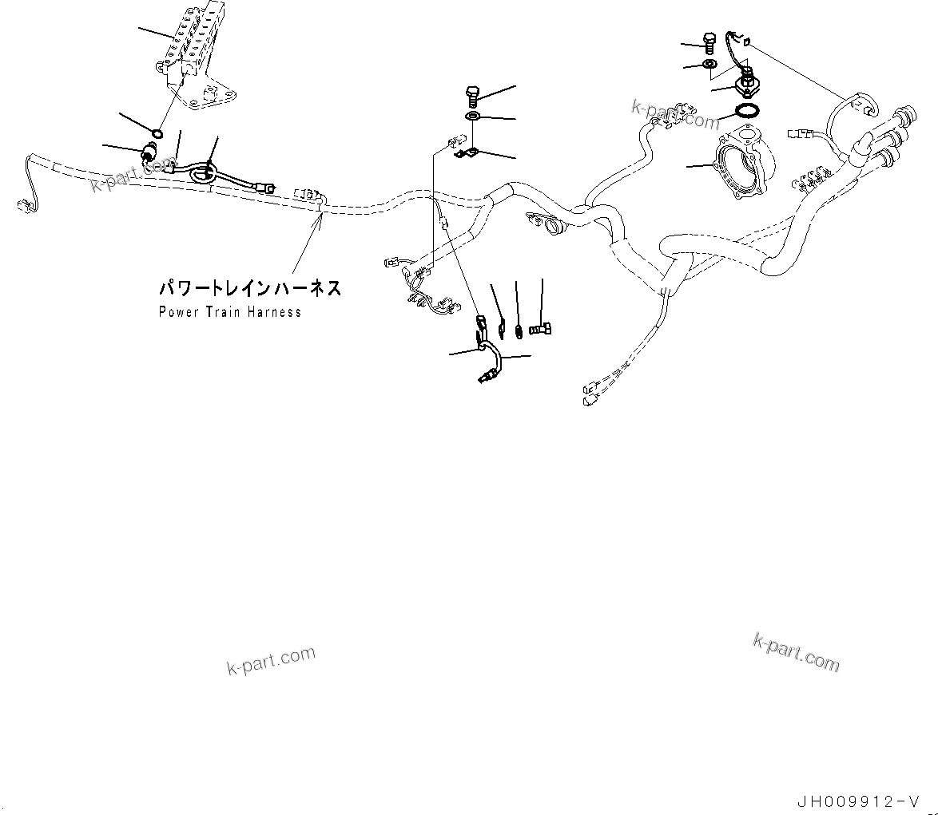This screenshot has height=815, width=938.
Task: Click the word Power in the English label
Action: click(x=177, y=311)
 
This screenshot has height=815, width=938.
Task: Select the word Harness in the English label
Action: click(x=274, y=311)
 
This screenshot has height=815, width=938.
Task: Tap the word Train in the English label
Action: click(x=223, y=311)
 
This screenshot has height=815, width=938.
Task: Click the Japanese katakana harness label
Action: click(x=249, y=288)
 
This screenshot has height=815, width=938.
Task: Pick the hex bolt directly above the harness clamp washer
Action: click(x=471, y=98)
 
